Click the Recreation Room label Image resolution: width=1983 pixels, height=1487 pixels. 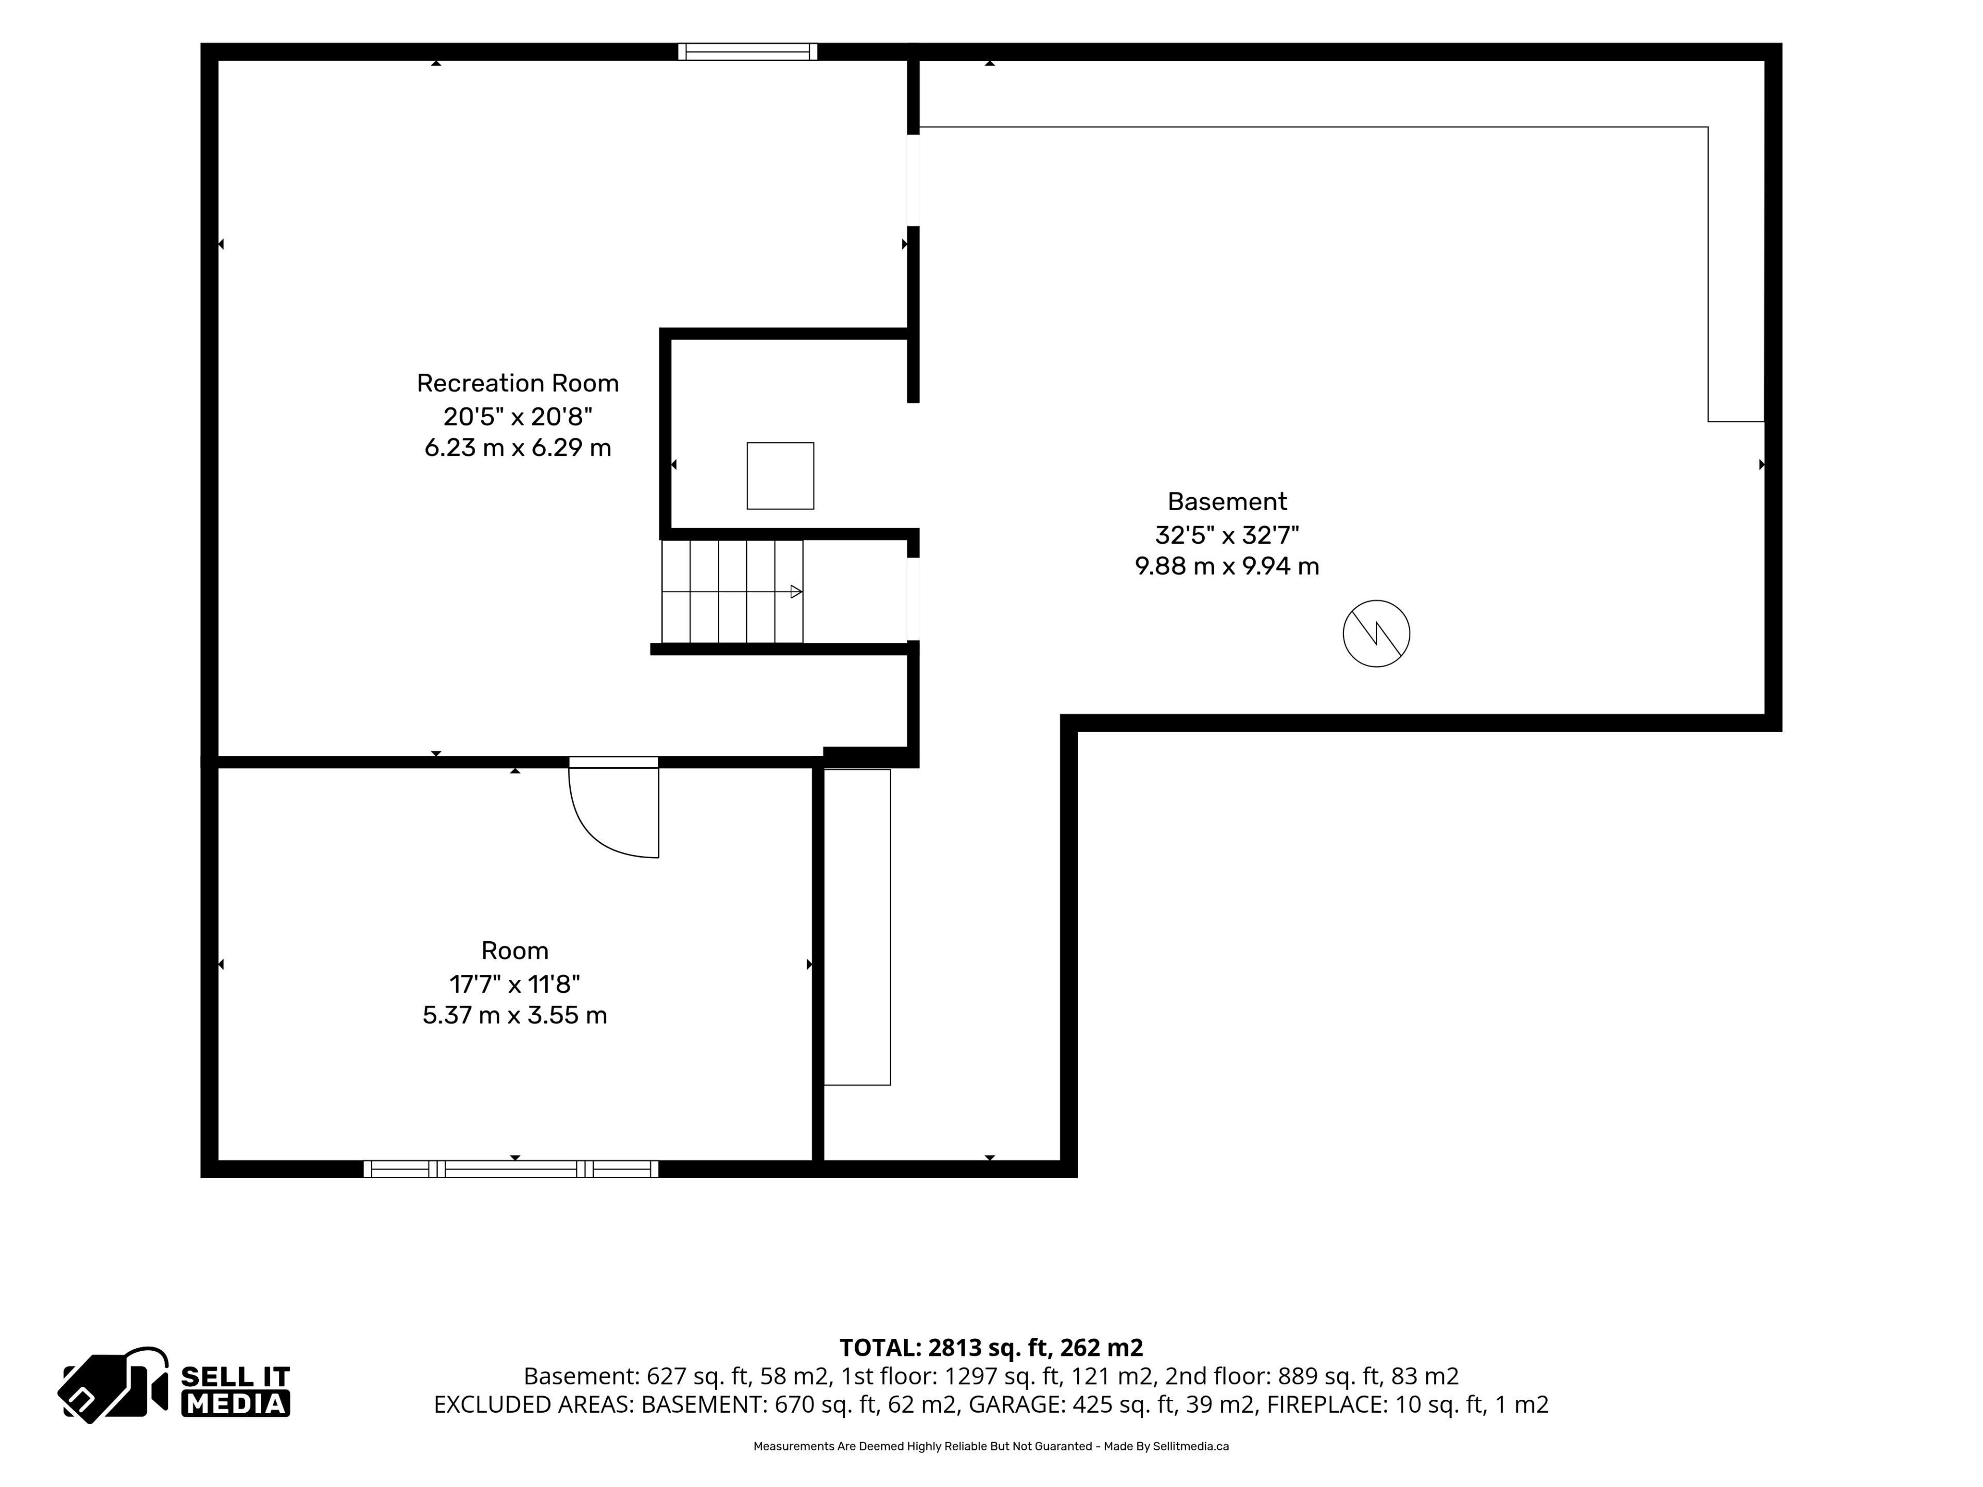(517, 384)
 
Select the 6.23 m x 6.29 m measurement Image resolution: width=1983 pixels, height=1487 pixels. (517, 447)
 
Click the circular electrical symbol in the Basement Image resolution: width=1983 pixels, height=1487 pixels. (1376, 634)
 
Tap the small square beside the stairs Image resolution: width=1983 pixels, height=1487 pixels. (780, 476)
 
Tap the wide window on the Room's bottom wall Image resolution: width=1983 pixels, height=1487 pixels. (511, 1169)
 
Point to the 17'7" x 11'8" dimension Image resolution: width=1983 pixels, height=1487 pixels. (514, 984)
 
